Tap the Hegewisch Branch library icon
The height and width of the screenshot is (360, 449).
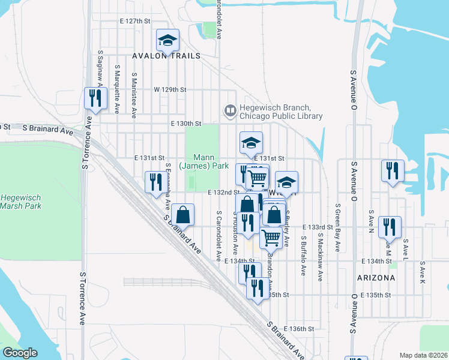[230, 110]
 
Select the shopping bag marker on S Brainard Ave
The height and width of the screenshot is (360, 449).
[182, 215]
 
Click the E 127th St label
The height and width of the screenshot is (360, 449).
[134, 20]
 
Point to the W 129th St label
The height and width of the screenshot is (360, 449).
[170, 89]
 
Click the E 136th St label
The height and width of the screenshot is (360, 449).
[300, 329]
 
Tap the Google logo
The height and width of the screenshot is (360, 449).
[20, 353]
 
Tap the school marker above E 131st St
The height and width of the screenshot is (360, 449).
[252, 142]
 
